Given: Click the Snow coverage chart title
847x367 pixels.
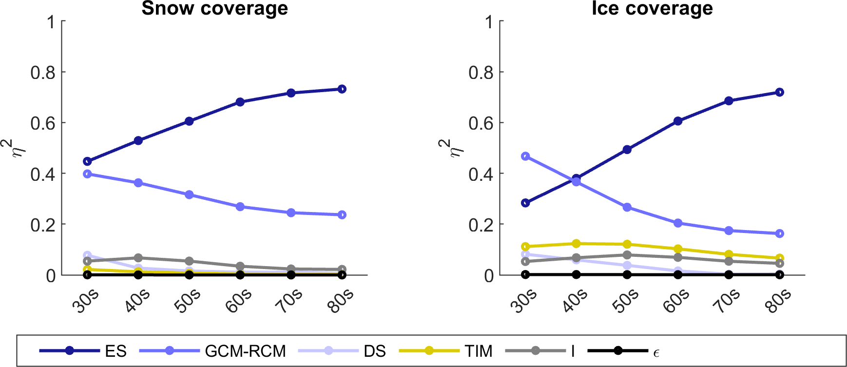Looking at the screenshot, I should pyautogui.click(x=214, y=9).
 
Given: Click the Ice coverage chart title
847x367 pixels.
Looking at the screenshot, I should pyautogui.click(x=652, y=9).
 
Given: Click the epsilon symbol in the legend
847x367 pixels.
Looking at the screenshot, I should pyautogui.click(x=656, y=352).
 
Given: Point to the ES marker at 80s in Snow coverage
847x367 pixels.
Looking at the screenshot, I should pyautogui.click(x=342, y=89).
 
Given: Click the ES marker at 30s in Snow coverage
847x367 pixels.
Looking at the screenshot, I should pyautogui.click(x=88, y=161).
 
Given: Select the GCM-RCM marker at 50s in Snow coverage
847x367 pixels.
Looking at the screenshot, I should pyautogui.click(x=189, y=195).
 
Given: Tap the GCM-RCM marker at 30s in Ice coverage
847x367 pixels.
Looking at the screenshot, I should pyautogui.click(x=525, y=156).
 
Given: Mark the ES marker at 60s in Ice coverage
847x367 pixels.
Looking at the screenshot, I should pyautogui.click(x=678, y=121).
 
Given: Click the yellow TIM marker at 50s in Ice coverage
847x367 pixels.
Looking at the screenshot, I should pyautogui.click(x=627, y=244).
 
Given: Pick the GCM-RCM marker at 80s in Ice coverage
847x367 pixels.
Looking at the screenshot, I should pyautogui.click(x=779, y=233).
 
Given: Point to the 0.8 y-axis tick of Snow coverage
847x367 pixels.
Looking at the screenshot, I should pyautogui.click(x=43, y=73).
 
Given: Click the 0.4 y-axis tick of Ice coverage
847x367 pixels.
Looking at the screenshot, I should pyautogui.click(x=481, y=174).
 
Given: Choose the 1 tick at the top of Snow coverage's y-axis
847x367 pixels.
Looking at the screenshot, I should pyautogui.click(x=51, y=22).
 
